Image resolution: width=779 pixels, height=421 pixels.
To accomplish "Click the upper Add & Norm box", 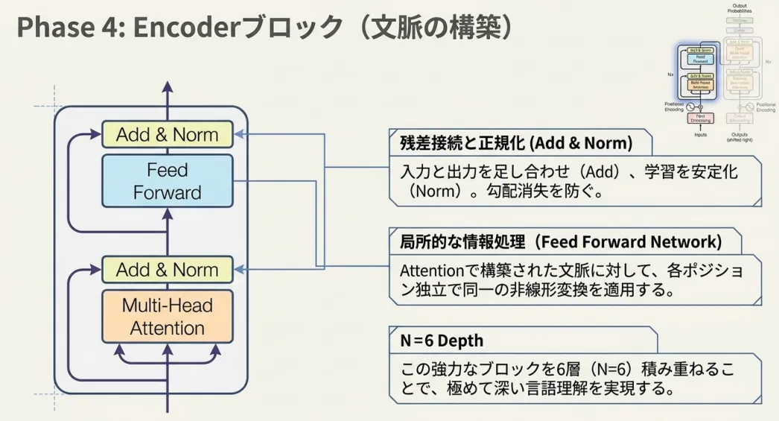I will [x=167, y=135].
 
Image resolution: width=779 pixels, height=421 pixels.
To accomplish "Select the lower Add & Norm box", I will [x=167, y=270].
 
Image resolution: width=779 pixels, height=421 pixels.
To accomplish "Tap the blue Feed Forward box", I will [x=167, y=181].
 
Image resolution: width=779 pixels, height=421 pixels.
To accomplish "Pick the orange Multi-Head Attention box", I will [x=167, y=317].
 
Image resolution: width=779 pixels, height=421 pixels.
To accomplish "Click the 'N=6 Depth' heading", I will [x=442, y=341].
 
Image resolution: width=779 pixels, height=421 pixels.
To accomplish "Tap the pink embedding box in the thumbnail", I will [x=700, y=118].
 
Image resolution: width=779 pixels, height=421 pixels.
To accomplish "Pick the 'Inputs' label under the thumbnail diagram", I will [x=700, y=135].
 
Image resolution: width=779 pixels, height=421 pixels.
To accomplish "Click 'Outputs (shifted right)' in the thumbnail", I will [x=739, y=137].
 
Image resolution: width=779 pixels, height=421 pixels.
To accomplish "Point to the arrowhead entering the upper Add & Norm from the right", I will [x=240, y=135].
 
